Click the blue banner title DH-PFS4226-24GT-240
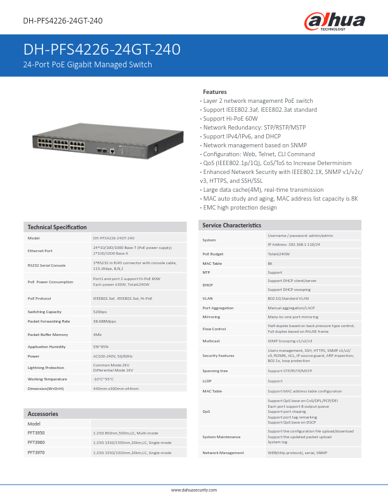[x=102, y=50]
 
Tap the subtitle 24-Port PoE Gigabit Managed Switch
[x=87, y=65]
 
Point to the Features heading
[x=214, y=92]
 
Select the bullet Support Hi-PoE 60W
[x=230, y=119]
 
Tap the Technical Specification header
[x=57, y=227]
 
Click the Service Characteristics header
[x=231, y=225]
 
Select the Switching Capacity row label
[x=44, y=312]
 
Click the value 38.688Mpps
[x=105, y=321]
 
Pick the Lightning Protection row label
[x=46, y=368]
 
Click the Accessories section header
[x=43, y=413]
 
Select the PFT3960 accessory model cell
[x=36, y=442]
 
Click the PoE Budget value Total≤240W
[x=279, y=253]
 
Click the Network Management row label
[x=223, y=453]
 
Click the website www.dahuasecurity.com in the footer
[x=194, y=490]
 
